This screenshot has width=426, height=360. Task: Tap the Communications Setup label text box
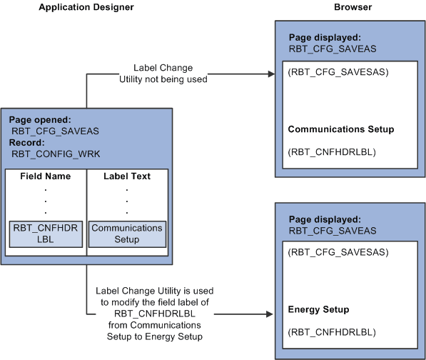click(x=127, y=234)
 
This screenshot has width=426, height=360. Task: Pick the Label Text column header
click(x=127, y=176)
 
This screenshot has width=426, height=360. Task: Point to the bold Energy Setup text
click(x=318, y=309)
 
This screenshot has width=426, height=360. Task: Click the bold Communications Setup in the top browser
click(x=341, y=129)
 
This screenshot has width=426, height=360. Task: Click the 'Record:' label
click(x=27, y=142)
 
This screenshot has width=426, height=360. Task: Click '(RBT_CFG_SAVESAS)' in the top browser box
click(x=328, y=72)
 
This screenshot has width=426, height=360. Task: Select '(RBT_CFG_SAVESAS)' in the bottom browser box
click(x=328, y=253)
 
